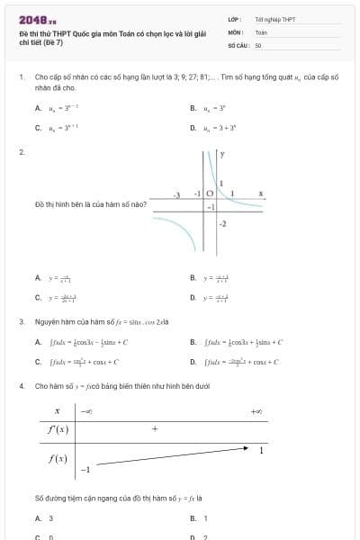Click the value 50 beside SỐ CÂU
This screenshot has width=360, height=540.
pyautogui.click(x=258, y=44)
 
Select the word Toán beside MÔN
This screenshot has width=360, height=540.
pyautogui.click(x=261, y=31)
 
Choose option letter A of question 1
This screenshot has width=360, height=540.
pyautogui.click(x=38, y=109)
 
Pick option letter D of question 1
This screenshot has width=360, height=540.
pyautogui.click(x=193, y=127)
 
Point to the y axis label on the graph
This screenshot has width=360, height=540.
pyautogui.click(x=222, y=155)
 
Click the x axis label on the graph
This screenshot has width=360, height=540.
pyautogui.click(x=260, y=193)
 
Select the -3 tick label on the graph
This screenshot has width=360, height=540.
pyautogui.click(x=177, y=193)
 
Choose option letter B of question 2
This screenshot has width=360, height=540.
pyautogui.click(x=193, y=278)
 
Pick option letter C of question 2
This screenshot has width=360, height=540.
pyautogui.click(x=38, y=297)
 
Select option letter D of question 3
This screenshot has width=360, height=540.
pyautogui.click(x=193, y=362)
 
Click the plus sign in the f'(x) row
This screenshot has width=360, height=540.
pyautogui.click(x=155, y=429)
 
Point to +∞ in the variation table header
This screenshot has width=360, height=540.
pyautogui.click(x=256, y=411)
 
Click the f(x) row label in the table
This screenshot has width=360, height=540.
pyautogui.click(x=58, y=459)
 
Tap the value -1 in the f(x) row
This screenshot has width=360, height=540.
pyautogui.click(x=86, y=470)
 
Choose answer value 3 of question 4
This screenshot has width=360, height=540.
pyautogui.click(x=50, y=518)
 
